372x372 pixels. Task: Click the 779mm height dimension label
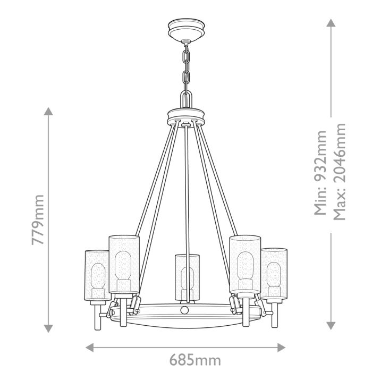[x=37, y=219]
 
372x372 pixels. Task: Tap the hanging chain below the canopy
[x=185, y=67]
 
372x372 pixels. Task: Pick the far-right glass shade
[x=274, y=274]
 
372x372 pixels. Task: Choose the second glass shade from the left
[x=124, y=263]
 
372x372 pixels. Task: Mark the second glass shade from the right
[x=245, y=263]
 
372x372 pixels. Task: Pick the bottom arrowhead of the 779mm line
[x=48, y=327]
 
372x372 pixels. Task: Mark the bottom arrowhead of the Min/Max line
[x=331, y=325]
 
